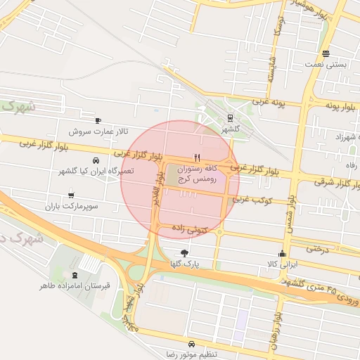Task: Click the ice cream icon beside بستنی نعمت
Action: click(x=326, y=53)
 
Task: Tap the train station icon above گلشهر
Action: click(x=230, y=119)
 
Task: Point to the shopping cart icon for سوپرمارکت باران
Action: click(x=71, y=195)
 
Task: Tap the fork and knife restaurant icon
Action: click(x=197, y=157)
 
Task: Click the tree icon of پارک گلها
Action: click(x=185, y=252)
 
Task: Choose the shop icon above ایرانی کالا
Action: click(x=283, y=254)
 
